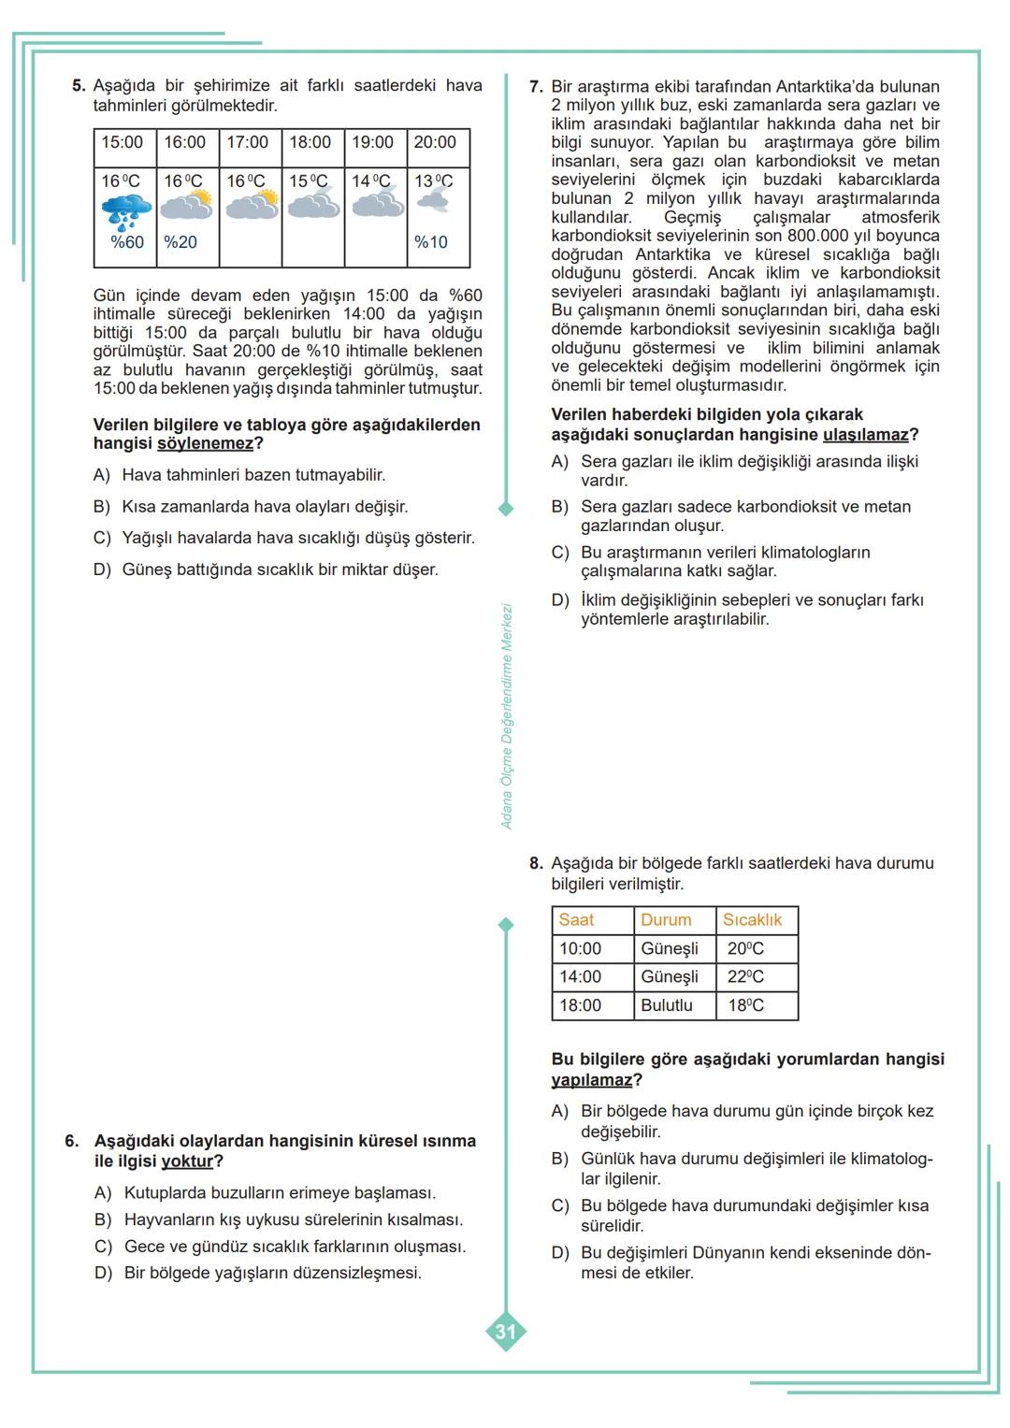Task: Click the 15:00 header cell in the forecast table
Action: click(123, 142)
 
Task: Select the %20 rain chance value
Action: click(180, 242)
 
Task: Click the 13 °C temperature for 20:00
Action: click(433, 181)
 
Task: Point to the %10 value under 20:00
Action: click(431, 242)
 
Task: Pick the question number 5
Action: click(79, 86)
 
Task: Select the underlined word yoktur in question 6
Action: click(188, 1161)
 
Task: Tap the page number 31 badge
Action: click(506, 1332)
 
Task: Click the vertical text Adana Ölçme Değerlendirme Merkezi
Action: click(507, 716)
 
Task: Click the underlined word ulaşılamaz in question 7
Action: click(866, 435)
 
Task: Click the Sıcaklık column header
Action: click(753, 920)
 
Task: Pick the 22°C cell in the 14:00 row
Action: click(745, 977)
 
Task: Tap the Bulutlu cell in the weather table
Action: click(667, 1006)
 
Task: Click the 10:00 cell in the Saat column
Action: click(581, 949)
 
